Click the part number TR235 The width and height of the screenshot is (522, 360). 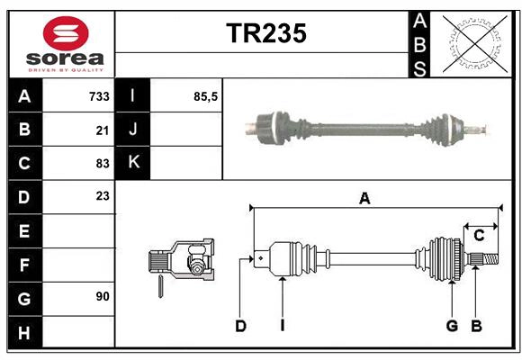265,34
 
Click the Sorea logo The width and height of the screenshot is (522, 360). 66,45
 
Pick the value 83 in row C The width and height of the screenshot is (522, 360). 102,163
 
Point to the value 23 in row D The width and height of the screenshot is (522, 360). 102,195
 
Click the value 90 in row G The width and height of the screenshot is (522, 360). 102,296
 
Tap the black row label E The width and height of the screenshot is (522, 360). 23,231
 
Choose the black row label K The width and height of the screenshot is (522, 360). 133,163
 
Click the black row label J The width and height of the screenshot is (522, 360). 133,130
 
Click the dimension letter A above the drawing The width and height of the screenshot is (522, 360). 364,199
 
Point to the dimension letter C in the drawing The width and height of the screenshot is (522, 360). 479,235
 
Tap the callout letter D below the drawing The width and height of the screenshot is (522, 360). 240,326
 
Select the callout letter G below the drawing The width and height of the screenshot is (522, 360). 452,326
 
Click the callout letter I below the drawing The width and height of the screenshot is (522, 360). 282,326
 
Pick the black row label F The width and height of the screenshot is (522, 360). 23,265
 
